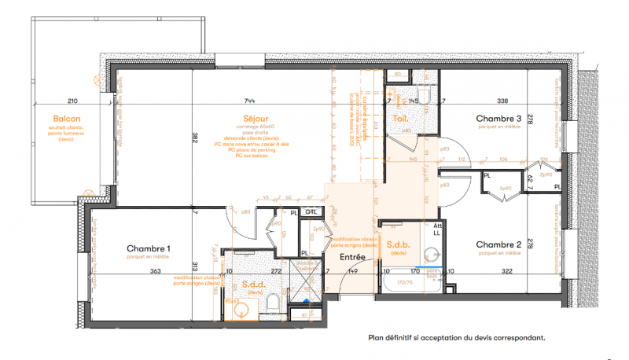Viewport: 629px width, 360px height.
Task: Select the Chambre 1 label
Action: click(149, 248)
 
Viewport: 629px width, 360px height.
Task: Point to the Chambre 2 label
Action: click(498, 244)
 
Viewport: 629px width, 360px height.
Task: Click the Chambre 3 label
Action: click(498, 119)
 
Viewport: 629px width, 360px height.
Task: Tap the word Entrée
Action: click(353, 257)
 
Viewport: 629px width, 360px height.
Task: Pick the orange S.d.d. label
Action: click(253, 285)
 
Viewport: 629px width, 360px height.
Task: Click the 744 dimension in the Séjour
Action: click(250, 101)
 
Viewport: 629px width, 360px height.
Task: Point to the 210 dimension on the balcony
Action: click(72, 101)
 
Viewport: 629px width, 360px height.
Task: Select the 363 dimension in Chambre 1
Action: click(156, 271)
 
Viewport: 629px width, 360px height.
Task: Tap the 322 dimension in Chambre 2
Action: click(506, 271)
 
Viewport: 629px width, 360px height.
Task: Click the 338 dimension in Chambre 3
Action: click(502, 101)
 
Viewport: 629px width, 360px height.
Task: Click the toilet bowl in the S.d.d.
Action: click(270, 303)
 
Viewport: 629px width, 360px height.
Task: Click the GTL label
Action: click(312, 211)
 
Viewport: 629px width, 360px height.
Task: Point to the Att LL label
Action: click(438, 230)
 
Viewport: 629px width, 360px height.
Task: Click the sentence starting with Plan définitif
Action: click(456, 338)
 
